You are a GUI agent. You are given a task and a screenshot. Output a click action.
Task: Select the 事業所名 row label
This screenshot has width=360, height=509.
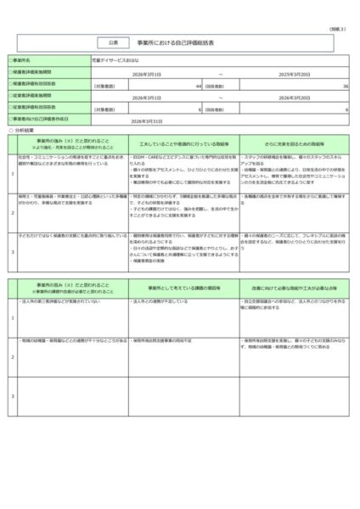coord(26,62)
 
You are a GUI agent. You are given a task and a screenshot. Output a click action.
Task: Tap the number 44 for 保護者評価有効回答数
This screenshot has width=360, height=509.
coord(197,86)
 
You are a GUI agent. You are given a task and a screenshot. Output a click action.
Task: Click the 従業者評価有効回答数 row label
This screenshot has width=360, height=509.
coord(38,109)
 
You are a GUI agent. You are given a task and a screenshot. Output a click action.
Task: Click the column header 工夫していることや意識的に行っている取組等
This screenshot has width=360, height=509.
coord(180,144)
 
